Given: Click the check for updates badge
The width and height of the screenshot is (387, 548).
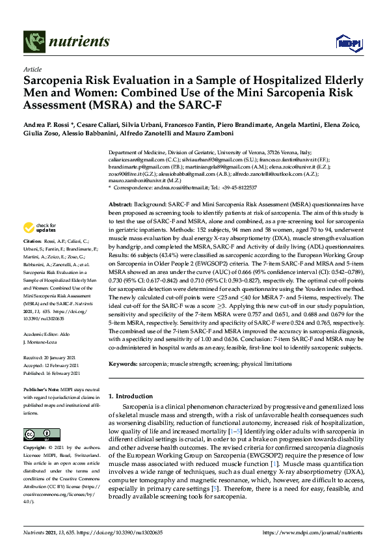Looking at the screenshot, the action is pyautogui.click(x=36, y=228).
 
